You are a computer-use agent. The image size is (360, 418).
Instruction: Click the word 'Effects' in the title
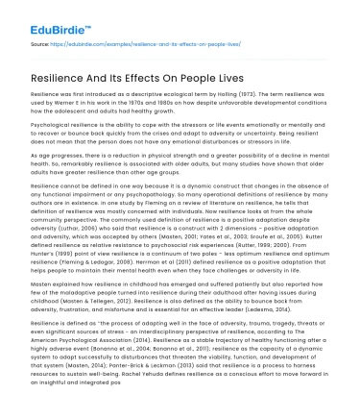pyautogui.click(x=181, y=75)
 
